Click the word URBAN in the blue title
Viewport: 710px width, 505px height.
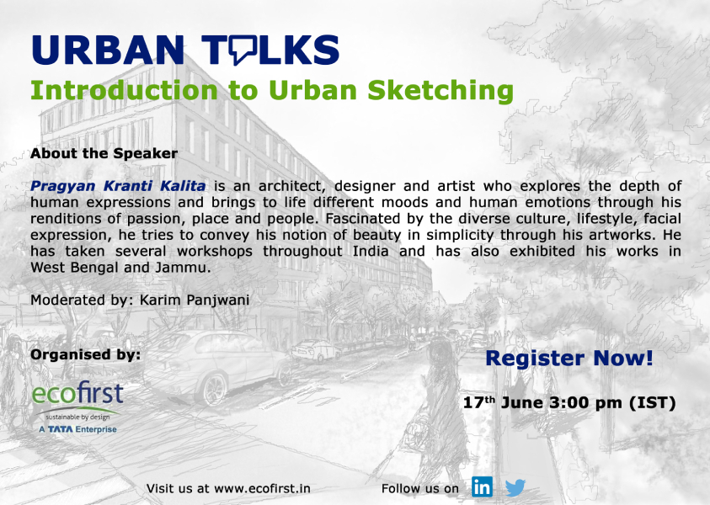coord(108,50)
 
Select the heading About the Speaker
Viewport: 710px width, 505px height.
coord(104,153)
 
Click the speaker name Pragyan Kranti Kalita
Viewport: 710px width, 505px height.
coord(118,185)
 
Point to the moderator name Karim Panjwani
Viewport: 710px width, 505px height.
coord(195,300)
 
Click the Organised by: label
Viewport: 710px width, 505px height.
coord(86,354)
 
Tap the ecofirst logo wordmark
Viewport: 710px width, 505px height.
coord(77,393)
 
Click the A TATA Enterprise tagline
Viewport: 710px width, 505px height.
coord(77,429)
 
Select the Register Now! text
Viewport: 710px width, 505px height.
coord(569,358)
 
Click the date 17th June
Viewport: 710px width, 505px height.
coord(503,402)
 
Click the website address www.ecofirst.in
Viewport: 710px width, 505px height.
coord(262,489)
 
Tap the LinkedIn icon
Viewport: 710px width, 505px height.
coord(482,486)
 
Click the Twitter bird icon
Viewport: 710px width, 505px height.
coord(515,487)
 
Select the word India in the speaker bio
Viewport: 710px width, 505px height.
coord(371,251)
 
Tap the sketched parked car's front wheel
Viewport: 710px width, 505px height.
coord(215,389)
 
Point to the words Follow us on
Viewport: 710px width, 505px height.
coord(419,489)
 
